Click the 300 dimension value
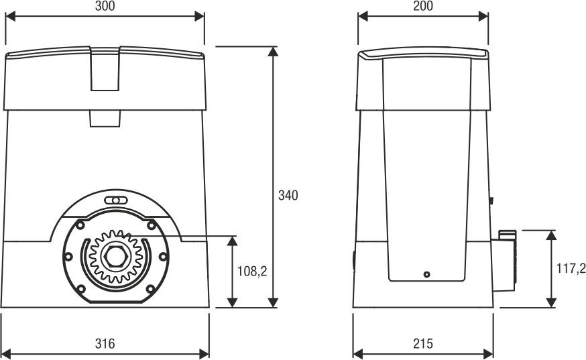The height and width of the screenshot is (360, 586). (x=105, y=6)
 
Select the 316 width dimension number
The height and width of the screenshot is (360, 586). (x=105, y=343)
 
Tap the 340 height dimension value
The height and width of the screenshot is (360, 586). (x=288, y=196)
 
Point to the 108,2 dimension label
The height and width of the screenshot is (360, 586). (x=252, y=271)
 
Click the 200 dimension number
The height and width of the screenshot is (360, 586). (x=423, y=6)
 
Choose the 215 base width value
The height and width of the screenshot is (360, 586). (x=423, y=343)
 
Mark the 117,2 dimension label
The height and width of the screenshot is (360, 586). (x=571, y=268)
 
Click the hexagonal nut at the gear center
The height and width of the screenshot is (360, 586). (x=116, y=256)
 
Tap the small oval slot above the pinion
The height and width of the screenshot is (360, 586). (x=116, y=200)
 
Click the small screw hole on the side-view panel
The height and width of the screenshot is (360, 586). (x=426, y=274)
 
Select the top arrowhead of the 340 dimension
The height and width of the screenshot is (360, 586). (x=273, y=52)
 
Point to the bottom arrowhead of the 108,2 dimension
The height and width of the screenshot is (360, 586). (x=233, y=302)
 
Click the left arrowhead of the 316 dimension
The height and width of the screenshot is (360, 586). (x=7, y=354)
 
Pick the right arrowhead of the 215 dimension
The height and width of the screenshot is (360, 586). (x=488, y=354)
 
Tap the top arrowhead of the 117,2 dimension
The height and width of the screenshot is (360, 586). (x=551, y=235)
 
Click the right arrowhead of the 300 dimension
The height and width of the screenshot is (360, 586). (x=199, y=17)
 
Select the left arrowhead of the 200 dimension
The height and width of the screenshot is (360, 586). (x=363, y=17)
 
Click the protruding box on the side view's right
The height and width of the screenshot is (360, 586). (x=504, y=261)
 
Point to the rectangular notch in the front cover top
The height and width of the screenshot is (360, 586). (x=105, y=69)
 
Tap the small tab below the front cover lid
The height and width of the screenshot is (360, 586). (x=105, y=119)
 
